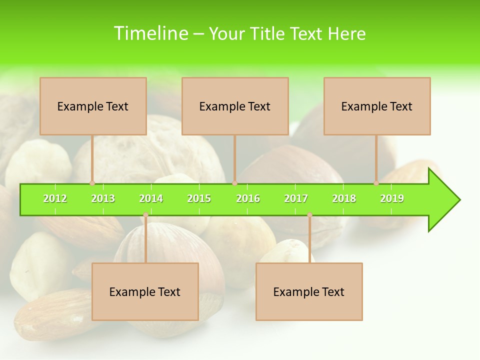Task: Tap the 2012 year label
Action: (x=55, y=198)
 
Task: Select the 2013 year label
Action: (x=103, y=198)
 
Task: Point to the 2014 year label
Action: (x=151, y=198)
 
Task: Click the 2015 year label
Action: (x=199, y=198)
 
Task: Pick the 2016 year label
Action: (x=248, y=198)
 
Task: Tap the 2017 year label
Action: (x=296, y=198)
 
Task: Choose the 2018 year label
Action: (x=344, y=198)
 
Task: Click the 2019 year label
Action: (x=392, y=198)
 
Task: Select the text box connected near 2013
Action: (x=93, y=106)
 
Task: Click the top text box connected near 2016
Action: (x=235, y=106)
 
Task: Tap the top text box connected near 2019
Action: (x=377, y=106)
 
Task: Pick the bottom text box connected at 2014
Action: (x=145, y=291)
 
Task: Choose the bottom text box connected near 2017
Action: (x=309, y=291)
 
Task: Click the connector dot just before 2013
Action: (x=92, y=183)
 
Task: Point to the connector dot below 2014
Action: (x=145, y=215)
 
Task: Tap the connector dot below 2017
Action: (x=309, y=215)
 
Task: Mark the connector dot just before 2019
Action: (x=376, y=183)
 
